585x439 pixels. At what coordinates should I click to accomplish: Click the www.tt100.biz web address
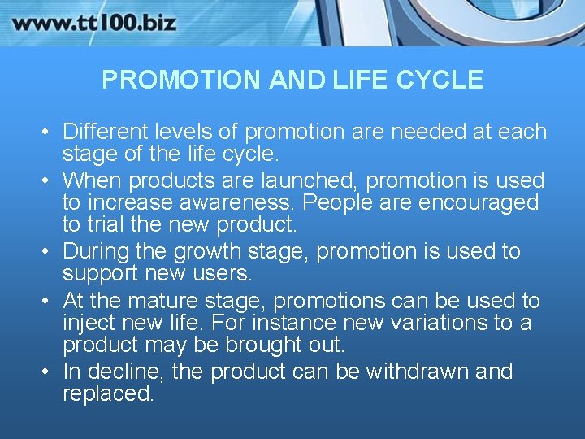pos(93,22)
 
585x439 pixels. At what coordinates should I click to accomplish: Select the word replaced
pos(107,394)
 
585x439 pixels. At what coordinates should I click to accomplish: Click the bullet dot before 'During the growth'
pos(46,252)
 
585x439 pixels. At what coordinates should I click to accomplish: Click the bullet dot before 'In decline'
pos(46,372)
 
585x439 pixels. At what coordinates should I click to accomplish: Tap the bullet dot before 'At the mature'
pos(46,302)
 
